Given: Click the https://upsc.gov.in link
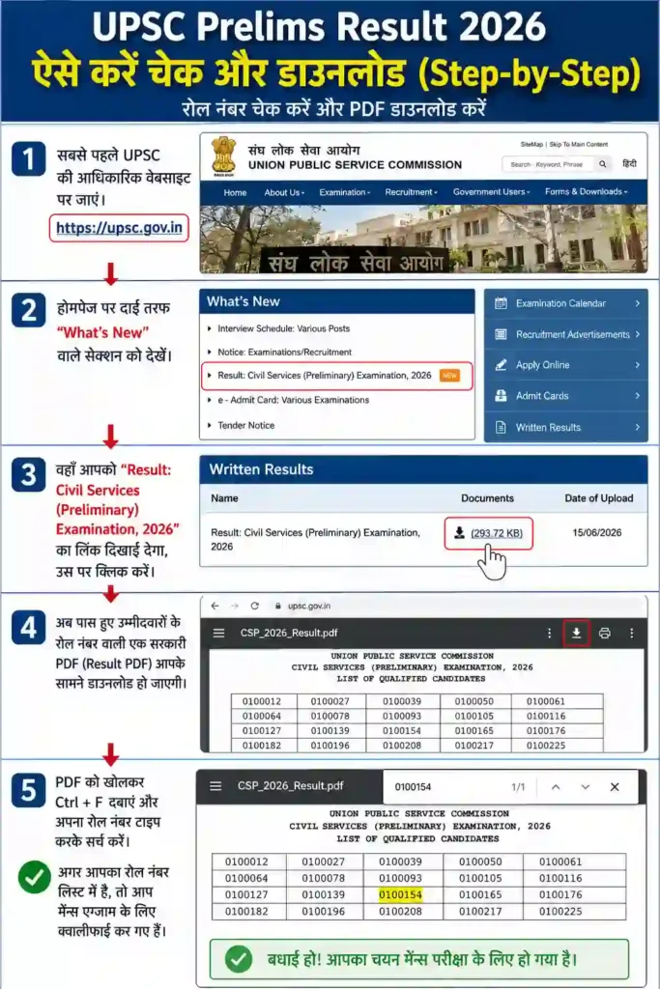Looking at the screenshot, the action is tap(119, 228).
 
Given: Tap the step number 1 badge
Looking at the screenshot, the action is tap(28, 157).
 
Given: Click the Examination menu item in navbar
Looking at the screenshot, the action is tap(345, 192).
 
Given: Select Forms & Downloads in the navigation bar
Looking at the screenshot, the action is tap(587, 192).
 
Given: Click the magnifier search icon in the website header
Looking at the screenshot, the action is tap(603, 164).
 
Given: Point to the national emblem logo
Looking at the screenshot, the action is tap(223, 155).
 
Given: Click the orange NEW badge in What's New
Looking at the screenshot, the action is tap(449, 376).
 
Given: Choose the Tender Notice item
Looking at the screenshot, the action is tap(246, 426).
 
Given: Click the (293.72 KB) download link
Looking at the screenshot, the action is tap(497, 533).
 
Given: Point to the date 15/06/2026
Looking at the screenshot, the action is tap(597, 532).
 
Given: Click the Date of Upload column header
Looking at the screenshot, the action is tap(599, 498).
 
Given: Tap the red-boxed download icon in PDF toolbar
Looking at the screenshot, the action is tap(576, 633).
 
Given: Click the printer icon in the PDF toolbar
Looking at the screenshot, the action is tap(605, 633).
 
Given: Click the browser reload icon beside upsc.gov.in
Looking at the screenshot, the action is tap(255, 606).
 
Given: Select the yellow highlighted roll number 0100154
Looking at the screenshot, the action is tap(401, 894).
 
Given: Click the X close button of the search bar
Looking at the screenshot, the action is tap(615, 786).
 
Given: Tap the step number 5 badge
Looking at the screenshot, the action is tap(28, 790).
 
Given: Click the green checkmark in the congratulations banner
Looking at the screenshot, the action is tap(239, 959).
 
